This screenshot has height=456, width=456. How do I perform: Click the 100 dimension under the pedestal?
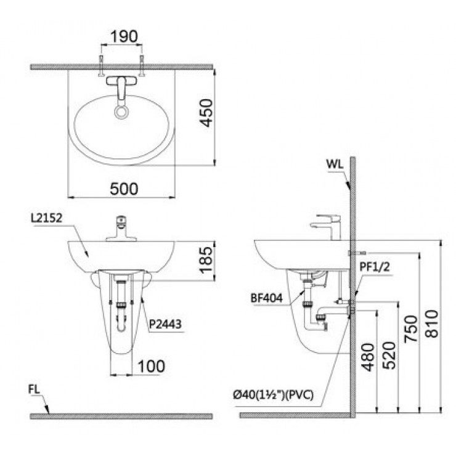[x=151, y=366]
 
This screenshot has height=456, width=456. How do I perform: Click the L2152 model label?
[x=45, y=218]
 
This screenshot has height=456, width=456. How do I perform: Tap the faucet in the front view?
[x=121, y=229]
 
